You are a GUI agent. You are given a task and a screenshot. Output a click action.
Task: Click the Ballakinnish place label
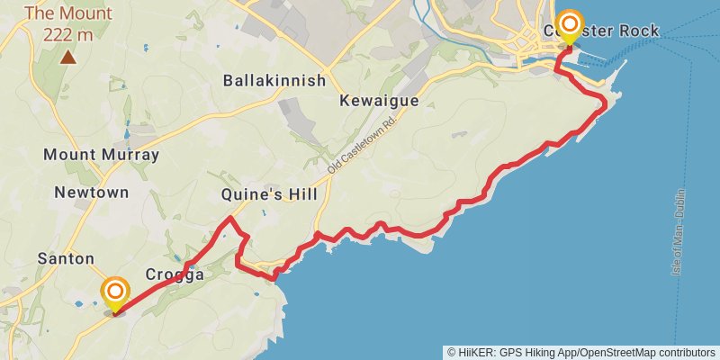(x=274, y=81)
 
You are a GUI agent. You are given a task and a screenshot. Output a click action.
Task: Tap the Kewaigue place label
(x=379, y=101)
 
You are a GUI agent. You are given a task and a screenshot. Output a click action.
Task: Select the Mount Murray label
(x=102, y=155)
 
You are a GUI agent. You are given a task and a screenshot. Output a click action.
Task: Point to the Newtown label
(x=91, y=193)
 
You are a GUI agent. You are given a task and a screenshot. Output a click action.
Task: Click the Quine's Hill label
(x=269, y=195)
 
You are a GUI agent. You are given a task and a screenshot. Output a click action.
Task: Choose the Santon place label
(x=66, y=258)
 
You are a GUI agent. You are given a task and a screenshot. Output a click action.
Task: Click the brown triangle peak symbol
(x=68, y=58)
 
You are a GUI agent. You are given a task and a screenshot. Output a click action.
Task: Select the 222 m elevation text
(x=68, y=35)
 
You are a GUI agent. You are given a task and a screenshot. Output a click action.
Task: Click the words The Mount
(x=68, y=13)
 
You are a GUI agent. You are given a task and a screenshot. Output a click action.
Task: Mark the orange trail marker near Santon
(x=115, y=292)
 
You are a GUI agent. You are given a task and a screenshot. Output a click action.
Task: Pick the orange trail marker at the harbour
(x=569, y=24)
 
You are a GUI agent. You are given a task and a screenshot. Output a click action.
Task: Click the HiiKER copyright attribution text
(x=581, y=352)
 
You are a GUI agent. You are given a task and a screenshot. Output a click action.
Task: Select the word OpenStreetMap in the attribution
(x=626, y=352)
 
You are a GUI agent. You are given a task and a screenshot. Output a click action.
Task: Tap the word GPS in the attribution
(x=510, y=352)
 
